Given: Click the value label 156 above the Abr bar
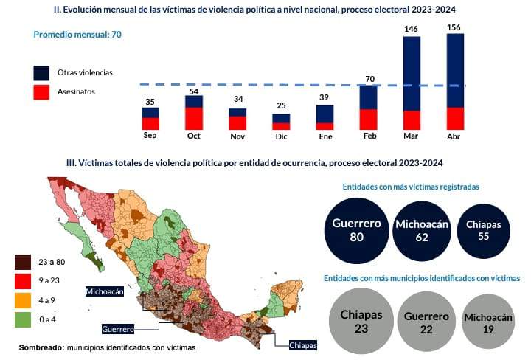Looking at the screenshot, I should point(456,27).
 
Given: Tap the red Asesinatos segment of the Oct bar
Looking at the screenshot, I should point(194,118).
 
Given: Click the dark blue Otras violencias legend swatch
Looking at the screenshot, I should point(42,73).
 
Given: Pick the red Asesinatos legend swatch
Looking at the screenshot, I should point(42,92).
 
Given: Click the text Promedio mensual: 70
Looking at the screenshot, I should point(77,34).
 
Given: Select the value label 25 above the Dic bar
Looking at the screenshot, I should point(281,106).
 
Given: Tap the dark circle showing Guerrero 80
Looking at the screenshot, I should point(356,230).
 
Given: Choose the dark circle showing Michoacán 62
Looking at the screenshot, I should point(422,230).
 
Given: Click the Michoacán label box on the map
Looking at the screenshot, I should point(111,291).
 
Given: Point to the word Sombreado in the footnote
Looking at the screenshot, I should point(41,347).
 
